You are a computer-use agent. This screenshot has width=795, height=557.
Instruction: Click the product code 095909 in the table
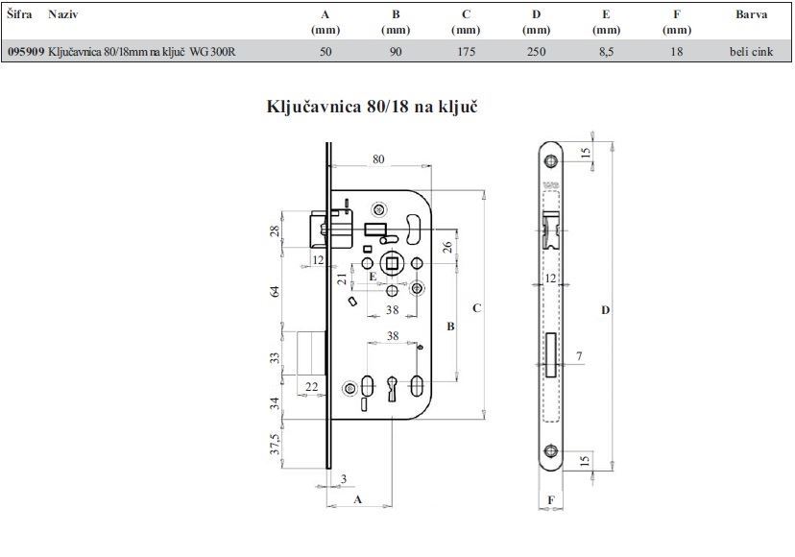[26, 52]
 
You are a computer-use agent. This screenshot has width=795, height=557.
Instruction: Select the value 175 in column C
[466, 52]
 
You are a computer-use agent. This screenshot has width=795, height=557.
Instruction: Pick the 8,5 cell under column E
[606, 52]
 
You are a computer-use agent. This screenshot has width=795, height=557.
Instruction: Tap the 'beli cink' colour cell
[752, 52]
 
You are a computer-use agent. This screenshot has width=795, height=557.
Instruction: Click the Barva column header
[752, 14]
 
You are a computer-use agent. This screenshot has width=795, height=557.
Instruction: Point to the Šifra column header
[20, 14]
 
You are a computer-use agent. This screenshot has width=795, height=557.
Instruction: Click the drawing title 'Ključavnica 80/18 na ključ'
[372, 107]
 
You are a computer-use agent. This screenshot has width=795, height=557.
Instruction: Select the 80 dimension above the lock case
[378, 159]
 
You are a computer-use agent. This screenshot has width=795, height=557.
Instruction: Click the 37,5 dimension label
[275, 444]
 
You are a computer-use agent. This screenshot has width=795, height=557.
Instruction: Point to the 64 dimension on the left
[275, 292]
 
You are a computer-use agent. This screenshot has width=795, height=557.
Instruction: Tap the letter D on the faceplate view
[606, 310]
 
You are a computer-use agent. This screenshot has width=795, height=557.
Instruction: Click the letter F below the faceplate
[551, 500]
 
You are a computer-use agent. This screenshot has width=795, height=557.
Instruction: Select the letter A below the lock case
[357, 499]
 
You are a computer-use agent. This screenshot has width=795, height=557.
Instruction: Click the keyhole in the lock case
[393, 389]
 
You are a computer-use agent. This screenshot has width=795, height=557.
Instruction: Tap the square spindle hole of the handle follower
[392, 264]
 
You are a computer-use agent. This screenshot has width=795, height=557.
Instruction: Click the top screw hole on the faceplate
[550, 161]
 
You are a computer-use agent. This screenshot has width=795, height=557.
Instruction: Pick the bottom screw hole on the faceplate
[550, 450]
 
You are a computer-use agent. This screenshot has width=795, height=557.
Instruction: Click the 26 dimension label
[446, 247]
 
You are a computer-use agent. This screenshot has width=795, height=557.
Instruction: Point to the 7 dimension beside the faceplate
[579, 356]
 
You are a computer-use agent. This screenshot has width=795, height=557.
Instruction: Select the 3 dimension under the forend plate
[344, 479]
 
